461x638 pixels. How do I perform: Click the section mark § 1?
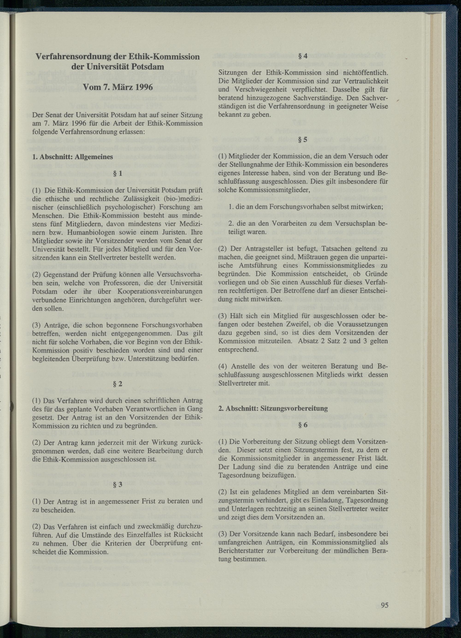(x=117, y=173)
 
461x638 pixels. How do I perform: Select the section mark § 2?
(x=117, y=384)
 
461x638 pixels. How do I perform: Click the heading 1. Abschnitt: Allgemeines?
(x=73, y=157)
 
